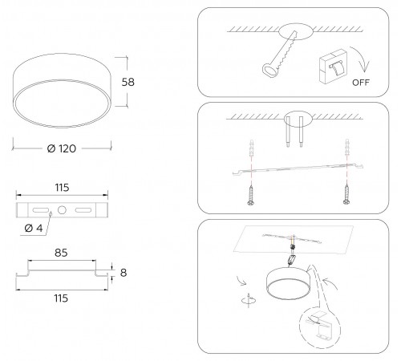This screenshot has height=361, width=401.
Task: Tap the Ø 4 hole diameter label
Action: click(34, 229)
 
